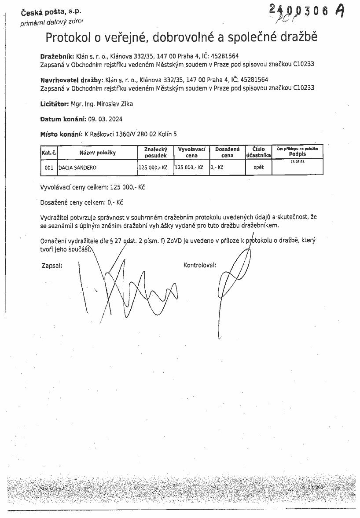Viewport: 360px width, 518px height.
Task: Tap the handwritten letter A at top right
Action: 339,11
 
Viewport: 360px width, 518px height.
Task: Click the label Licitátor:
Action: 55,104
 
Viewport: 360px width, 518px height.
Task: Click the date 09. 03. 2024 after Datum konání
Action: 105,119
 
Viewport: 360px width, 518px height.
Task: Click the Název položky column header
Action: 97,153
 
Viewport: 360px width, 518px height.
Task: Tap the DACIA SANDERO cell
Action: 77,168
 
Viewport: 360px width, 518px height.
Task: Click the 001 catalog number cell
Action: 49,168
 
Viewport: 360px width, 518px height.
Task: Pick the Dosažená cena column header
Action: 227,152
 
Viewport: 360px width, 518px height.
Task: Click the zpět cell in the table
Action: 258,168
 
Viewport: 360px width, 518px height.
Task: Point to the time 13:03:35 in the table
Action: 298,162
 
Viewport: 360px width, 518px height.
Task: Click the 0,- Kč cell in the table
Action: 217,168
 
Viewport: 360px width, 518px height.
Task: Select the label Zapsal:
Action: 51,265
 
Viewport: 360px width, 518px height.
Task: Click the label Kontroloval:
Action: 200,265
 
